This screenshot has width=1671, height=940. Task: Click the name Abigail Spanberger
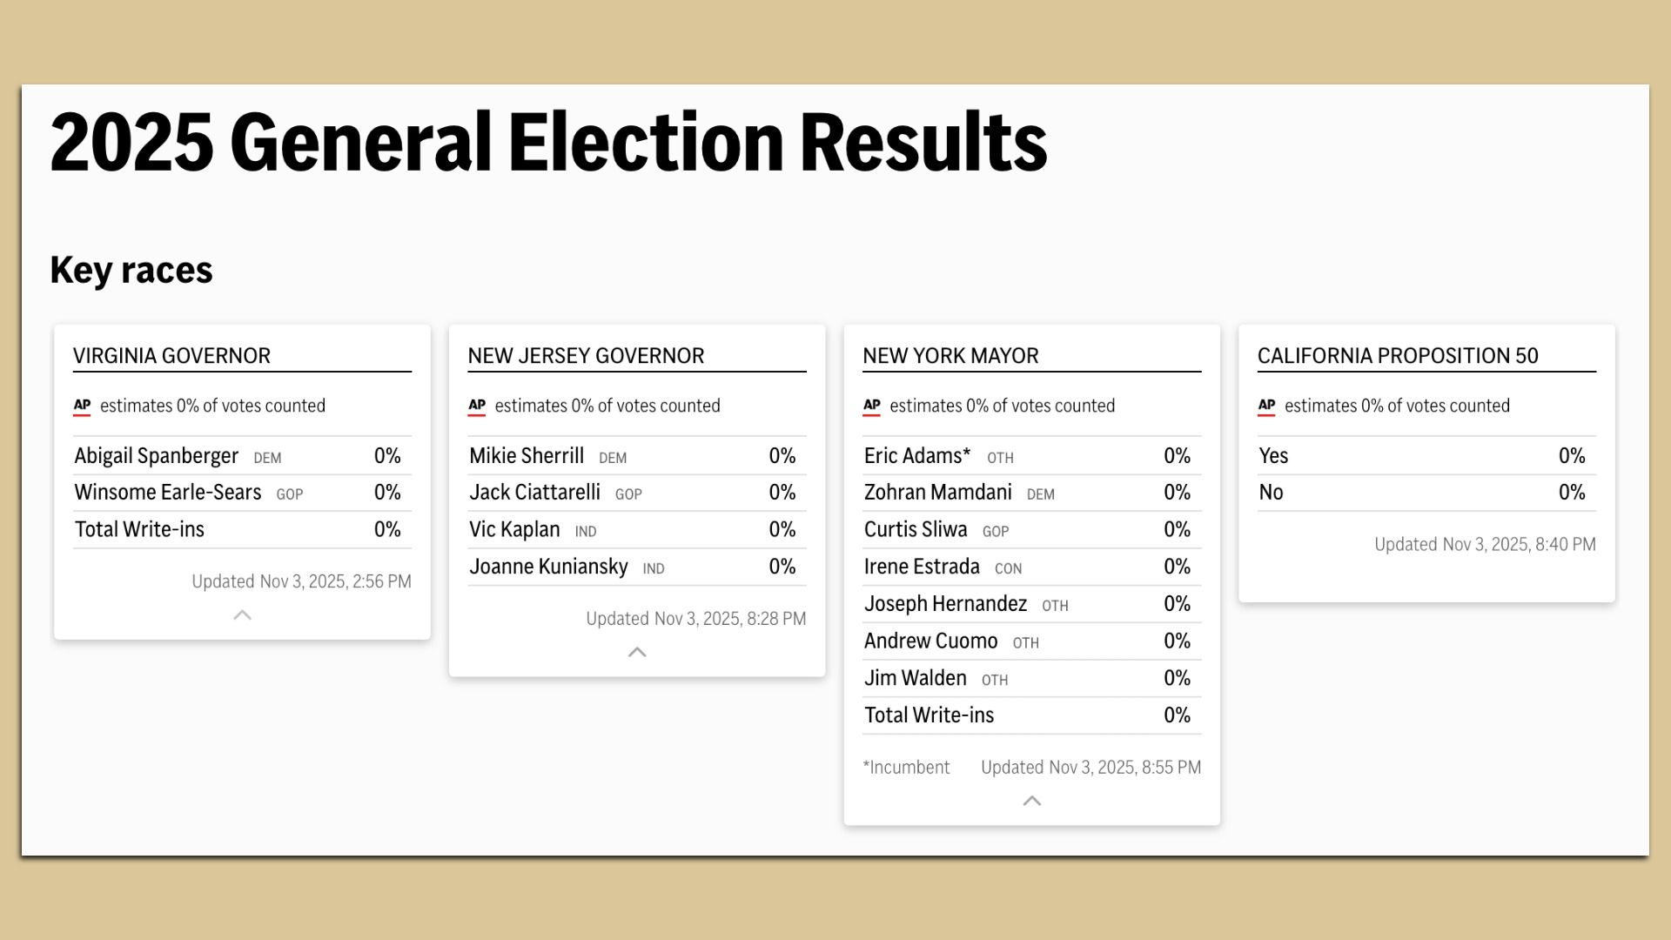click(156, 456)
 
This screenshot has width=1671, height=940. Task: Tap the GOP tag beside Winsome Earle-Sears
click(290, 494)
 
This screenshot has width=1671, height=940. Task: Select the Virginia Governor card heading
click(171, 356)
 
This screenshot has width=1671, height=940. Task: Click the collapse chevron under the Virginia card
click(243, 615)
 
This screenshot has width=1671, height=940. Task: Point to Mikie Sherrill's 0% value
click(782, 456)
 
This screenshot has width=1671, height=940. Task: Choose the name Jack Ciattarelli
click(534, 493)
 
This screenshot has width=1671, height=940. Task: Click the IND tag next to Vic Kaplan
click(586, 532)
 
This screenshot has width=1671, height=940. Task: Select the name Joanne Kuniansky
click(548, 567)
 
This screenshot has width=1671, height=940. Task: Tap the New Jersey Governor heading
click(586, 356)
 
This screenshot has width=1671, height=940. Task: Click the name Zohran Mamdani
click(937, 493)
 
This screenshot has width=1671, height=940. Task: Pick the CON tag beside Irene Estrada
click(1008, 569)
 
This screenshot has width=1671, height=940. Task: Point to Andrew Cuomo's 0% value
click(1177, 641)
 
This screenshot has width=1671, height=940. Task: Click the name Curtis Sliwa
click(916, 530)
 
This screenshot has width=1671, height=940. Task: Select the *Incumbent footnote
click(906, 768)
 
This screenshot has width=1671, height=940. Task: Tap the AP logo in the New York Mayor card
click(872, 406)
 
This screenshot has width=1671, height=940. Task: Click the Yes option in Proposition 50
click(1273, 456)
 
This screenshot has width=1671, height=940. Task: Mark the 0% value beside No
click(1572, 493)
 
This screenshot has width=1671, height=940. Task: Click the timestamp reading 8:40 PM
click(1485, 545)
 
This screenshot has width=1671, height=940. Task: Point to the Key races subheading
click(131, 270)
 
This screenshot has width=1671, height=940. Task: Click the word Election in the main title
click(646, 142)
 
